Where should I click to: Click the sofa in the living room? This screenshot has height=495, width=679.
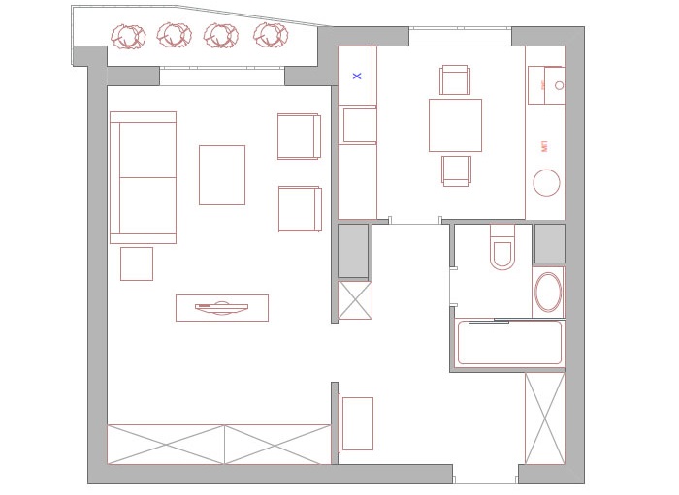(143, 177)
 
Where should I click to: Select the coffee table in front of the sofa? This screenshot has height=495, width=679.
(221, 175)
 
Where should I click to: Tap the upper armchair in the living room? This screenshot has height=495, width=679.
(298, 136)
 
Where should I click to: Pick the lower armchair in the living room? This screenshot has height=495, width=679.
(298, 208)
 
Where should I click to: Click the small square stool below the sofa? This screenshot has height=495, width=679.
(136, 263)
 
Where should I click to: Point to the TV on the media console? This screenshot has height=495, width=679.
(221, 308)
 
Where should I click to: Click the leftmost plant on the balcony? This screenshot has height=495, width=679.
(128, 37)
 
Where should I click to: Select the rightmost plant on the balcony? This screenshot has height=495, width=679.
(271, 36)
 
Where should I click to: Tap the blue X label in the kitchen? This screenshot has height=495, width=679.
(357, 75)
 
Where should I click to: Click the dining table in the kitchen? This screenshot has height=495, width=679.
(455, 125)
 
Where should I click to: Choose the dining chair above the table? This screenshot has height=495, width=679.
(455, 79)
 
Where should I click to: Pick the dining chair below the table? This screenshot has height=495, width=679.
(456, 170)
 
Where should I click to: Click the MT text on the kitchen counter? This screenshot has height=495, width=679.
(545, 146)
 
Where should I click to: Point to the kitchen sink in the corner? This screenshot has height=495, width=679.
(553, 85)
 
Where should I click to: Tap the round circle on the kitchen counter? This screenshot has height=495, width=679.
(547, 183)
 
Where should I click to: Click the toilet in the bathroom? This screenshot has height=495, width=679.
(502, 249)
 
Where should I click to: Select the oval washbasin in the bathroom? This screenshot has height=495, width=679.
(548, 292)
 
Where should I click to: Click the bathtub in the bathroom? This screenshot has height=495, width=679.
(509, 343)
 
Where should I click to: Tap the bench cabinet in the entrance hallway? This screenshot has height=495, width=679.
(357, 423)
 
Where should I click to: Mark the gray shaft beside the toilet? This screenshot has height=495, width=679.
(549, 243)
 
